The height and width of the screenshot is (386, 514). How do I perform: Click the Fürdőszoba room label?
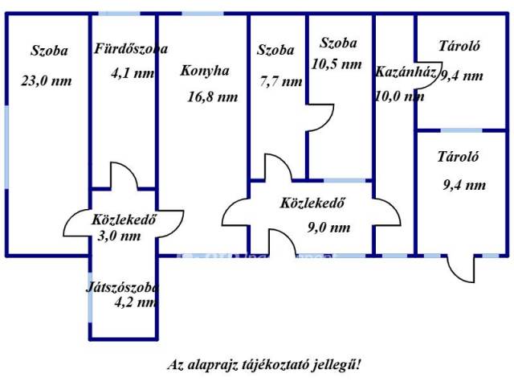click(x=131, y=49)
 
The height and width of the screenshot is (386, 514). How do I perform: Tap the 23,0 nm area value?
click(x=47, y=80)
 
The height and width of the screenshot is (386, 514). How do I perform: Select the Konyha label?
click(x=205, y=71)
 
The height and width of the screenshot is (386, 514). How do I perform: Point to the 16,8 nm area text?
click(x=212, y=96)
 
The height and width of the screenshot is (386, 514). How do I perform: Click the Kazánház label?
click(x=405, y=72)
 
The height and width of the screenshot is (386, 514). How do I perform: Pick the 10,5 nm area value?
click(x=337, y=64)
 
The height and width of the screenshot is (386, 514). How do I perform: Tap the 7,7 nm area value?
click(x=281, y=81)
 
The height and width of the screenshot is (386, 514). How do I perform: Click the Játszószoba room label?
click(x=122, y=288)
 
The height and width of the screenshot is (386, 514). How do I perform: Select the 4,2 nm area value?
click(x=135, y=302)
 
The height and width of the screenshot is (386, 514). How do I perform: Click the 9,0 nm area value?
click(x=328, y=227)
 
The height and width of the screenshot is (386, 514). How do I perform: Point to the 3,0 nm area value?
click(x=119, y=236)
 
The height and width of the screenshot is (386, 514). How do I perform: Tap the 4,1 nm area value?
click(x=133, y=73)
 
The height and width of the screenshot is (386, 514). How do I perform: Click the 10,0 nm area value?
click(x=399, y=96)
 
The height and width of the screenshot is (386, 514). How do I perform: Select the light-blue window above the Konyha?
click(x=203, y=14)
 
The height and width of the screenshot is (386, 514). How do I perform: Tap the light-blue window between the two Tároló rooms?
click(x=461, y=130)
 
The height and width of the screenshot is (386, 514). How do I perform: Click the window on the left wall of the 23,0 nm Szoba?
click(x=6, y=147)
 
